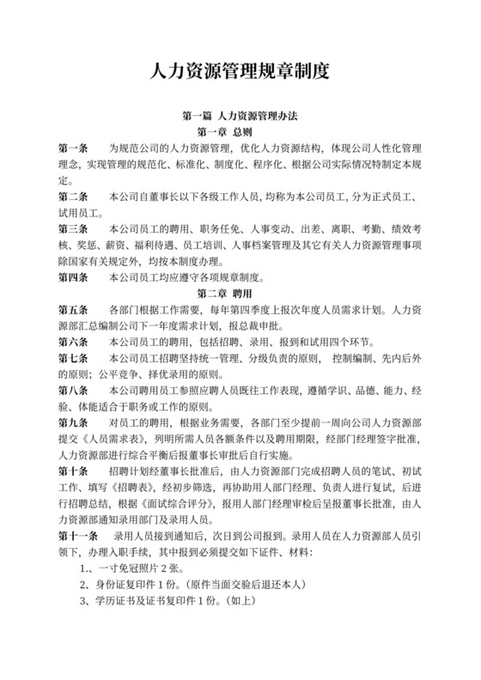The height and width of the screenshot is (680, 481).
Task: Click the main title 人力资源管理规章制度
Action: coord(240,71)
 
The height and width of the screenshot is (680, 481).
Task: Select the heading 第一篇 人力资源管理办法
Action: coord(240,115)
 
